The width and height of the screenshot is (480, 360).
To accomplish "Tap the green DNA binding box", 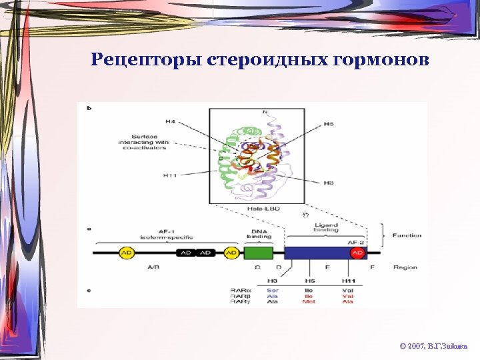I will [x=258, y=253].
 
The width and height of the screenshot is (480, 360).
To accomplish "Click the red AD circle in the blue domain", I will [x=357, y=253].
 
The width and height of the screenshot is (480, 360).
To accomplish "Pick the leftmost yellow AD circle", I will [x=126, y=253].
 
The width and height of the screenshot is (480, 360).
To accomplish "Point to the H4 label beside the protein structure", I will [x=170, y=121].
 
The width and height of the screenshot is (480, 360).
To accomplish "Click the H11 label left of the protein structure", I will [x=169, y=175].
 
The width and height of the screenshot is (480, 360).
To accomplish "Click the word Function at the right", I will [x=407, y=235].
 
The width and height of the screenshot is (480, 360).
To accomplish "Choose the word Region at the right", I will [x=405, y=267].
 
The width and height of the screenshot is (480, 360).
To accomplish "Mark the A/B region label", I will [x=153, y=267].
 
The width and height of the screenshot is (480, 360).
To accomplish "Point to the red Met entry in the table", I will [x=309, y=301].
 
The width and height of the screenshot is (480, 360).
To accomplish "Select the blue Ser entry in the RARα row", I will [x=272, y=291].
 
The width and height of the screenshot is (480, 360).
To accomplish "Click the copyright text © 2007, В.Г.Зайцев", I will [x=434, y=347].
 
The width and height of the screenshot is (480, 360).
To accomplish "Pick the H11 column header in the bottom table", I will [x=348, y=281].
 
